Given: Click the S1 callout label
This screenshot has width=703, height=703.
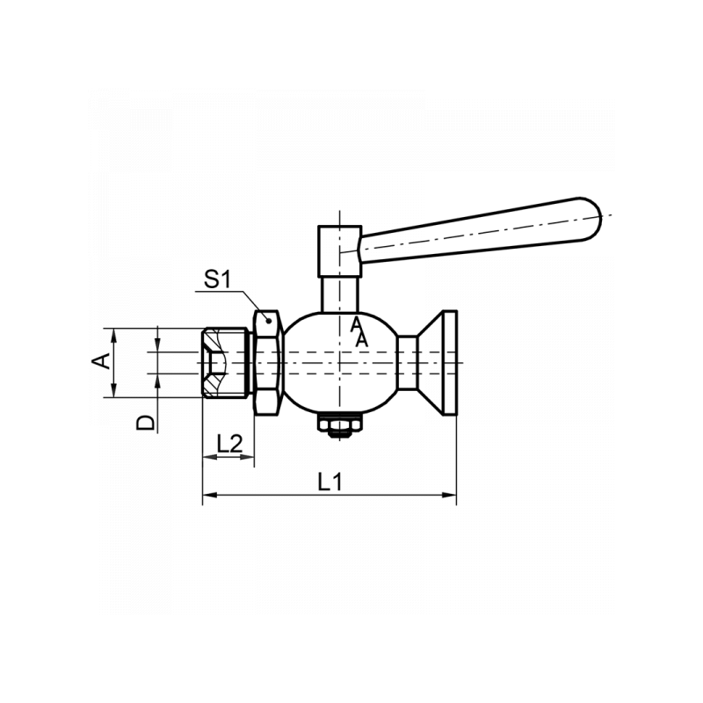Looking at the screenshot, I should [x=216, y=280].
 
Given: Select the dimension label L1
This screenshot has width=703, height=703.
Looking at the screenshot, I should [x=330, y=482].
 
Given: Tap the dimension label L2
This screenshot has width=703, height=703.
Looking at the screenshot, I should [x=228, y=443].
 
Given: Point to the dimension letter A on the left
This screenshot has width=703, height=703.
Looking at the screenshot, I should [x=103, y=360].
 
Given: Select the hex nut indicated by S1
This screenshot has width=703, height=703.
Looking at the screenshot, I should [x=266, y=362].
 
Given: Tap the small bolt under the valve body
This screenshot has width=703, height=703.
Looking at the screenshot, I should [x=338, y=426].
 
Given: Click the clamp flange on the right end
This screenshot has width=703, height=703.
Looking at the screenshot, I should [x=446, y=362].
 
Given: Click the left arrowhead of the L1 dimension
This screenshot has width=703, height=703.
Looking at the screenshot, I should [x=207, y=496].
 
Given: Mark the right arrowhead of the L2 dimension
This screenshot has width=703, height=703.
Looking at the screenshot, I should [x=250, y=457].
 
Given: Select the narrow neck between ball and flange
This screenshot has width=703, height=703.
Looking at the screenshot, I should [x=408, y=362].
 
